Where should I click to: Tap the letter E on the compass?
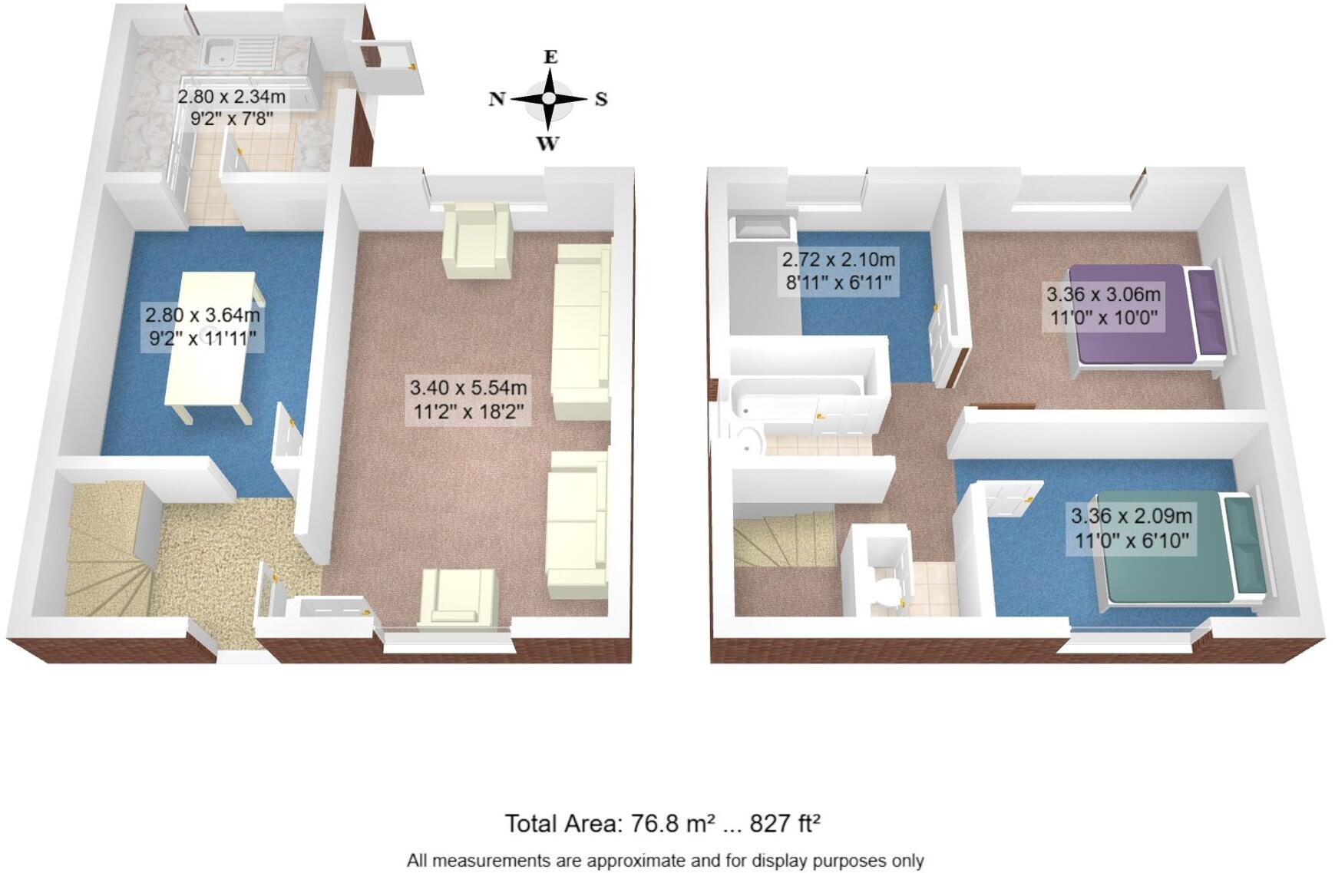(x=550, y=57)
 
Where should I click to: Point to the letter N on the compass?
(x=497, y=99)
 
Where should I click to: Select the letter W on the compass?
(x=547, y=144)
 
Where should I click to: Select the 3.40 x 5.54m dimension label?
(x=468, y=400)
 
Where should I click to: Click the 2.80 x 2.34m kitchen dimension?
(x=232, y=107)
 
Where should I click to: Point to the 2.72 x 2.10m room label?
(x=838, y=270)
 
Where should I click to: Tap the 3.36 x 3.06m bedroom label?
(x=1103, y=306)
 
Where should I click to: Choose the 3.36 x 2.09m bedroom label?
(x=1131, y=528)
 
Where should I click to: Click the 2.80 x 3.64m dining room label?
(x=203, y=326)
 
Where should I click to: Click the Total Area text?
(x=663, y=823)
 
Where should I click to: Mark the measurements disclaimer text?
(x=665, y=861)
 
